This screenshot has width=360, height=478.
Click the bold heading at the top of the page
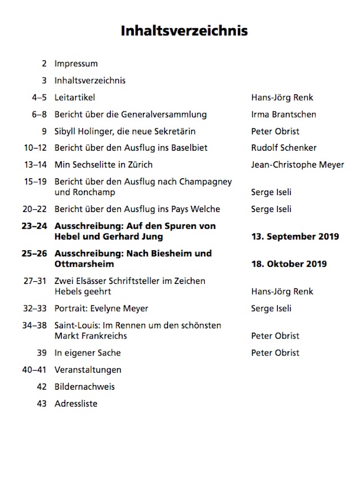[184, 31]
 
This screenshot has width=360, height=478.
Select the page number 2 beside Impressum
[44, 64]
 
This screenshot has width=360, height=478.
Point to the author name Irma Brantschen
[283, 114]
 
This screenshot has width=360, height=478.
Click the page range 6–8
[39, 114]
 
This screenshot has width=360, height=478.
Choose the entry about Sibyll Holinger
[125, 131]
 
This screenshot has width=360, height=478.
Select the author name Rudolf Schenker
[283, 148]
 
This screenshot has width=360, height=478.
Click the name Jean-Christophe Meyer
[298, 165]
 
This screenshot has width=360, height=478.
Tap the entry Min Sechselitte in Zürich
[103, 165]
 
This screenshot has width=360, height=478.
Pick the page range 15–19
[35, 182]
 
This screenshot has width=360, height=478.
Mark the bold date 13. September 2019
[295, 237]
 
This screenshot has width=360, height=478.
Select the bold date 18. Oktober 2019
[289, 264]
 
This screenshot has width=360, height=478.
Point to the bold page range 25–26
[34, 254]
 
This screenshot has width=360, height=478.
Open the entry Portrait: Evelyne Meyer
[101, 308]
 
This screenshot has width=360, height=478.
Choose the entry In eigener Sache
[88, 353]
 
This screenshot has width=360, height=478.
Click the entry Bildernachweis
[84, 386]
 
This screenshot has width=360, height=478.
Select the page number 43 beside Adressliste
[42, 403]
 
